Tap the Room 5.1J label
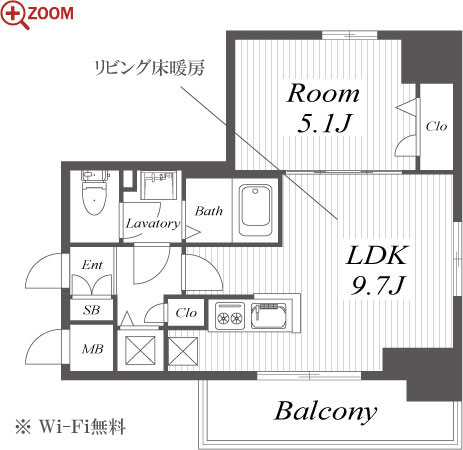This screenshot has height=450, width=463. pyautogui.click(x=323, y=108)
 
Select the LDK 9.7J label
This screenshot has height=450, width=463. pyautogui.click(x=377, y=270)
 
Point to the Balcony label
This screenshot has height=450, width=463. pyautogui.click(x=325, y=412)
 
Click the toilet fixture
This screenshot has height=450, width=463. pyautogui.click(x=95, y=193)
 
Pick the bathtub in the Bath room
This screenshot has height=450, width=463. pyautogui.click(x=255, y=210)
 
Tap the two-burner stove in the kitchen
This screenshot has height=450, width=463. pyautogui.click(x=230, y=315)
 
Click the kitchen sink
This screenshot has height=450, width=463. pyautogui.click(x=268, y=315)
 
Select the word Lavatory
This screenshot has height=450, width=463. pyautogui.click(x=153, y=223)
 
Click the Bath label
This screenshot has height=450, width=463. pyautogui.click(x=209, y=211)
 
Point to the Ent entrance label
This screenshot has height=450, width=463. pyautogui.click(x=92, y=265)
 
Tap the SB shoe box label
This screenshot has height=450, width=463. pyautogui.click(x=91, y=310)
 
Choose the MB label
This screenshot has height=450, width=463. pyautogui.click(x=93, y=349)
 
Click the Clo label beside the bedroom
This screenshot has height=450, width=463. pyautogui.click(x=436, y=126)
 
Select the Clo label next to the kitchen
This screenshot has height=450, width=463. pyautogui.click(x=186, y=313)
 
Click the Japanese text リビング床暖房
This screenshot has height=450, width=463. pyautogui.click(x=149, y=68)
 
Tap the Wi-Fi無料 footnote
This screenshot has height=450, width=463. pyautogui.click(x=70, y=427)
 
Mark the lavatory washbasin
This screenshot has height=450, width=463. pyautogui.click(x=159, y=185)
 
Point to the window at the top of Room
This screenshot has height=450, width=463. pyautogui.click(x=349, y=35)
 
